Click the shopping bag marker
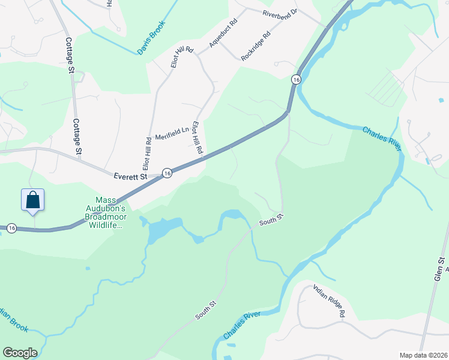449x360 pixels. [x=32, y=200]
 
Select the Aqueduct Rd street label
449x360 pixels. [x=223, y=32]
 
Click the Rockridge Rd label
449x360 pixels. [x=256, y=46]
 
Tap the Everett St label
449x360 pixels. [x=130, y=176]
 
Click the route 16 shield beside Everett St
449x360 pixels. [x=167, y=173]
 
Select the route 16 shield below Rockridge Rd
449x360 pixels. [x=296, y=79]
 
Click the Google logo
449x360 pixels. [x=20, y=353]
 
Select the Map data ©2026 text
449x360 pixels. [x=423, y=355]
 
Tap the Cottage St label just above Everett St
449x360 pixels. [x=77, y=137]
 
